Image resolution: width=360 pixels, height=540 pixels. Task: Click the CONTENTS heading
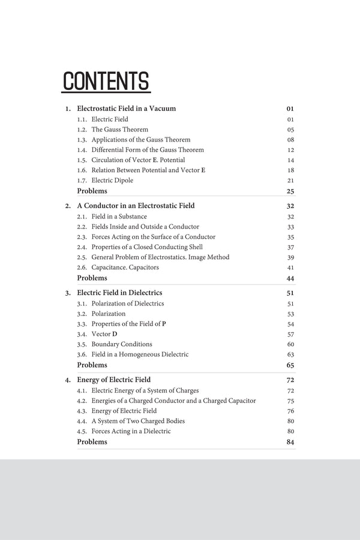(x=106, y=82)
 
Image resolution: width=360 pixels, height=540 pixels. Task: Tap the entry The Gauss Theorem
(x=119, y=130)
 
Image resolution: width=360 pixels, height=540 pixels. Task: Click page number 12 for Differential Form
(x=290, y=150)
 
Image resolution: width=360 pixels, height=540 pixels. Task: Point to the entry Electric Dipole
(x=112, y=181)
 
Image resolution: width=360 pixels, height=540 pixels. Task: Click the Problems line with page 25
(x=92, y=191)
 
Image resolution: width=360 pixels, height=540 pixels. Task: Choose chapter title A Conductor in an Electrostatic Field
(x=136, y=206)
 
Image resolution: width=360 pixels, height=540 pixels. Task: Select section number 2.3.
(x=82, y=237)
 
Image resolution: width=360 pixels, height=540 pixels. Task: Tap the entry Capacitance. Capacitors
(x=125, y=268)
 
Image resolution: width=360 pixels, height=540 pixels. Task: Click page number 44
(x=290, y=278)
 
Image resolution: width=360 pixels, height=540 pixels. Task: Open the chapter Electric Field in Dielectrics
(x=119, y=293)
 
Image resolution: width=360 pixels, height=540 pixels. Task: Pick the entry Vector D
(x=104, y=334)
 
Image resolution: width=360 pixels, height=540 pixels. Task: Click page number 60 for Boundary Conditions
(x=290, y=344)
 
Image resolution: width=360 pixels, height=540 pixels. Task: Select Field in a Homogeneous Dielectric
(x=140, y=355)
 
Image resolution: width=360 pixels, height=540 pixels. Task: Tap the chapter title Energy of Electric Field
(x=113, y=380)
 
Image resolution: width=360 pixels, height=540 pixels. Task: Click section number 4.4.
(x=82, y=421)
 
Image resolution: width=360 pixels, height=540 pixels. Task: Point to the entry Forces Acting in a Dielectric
(x=131, y=431)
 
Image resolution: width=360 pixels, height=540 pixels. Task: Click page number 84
(x=290, y=442)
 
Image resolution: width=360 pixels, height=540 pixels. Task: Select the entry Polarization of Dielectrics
(x=127, y=304)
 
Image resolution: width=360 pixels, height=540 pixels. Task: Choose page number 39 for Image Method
(x=290, y=257)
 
